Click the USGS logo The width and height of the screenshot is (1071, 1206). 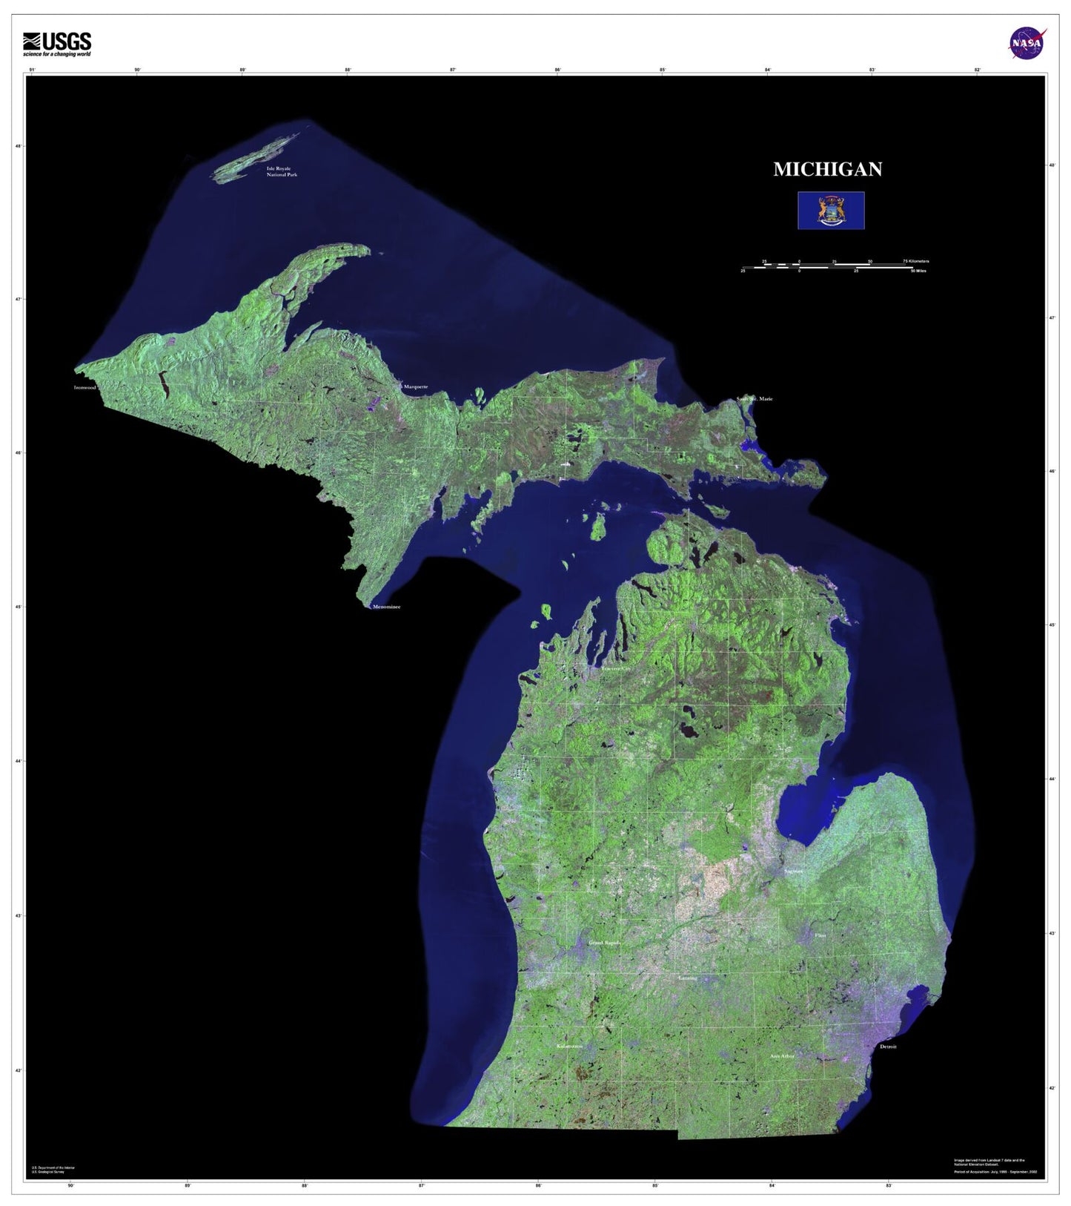pos(57,45)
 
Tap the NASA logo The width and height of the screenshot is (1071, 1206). pos(1027,43)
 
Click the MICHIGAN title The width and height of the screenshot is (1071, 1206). pos(827,170)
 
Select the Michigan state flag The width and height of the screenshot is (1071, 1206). pos(831,211)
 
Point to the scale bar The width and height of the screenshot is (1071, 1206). pos(835,266)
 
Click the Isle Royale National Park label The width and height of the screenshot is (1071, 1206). pos(282,171)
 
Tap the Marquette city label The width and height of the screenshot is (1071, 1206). pos(416,386)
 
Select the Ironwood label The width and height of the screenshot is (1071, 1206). pos(84,387)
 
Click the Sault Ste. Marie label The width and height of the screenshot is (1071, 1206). pos(755,399)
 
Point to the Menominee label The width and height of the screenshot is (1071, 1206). pos(386,607)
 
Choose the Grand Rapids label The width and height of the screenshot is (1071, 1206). pos(604,943)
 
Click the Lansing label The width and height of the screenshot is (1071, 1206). pos(688,978)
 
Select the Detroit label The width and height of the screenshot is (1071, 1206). pos(887,1047)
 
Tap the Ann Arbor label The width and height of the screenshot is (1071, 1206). pos(782,1055)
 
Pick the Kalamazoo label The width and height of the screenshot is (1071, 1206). pos(569,1047)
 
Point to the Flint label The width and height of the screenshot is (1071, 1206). pos(820,935)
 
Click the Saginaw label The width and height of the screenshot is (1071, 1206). pos(793,871)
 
